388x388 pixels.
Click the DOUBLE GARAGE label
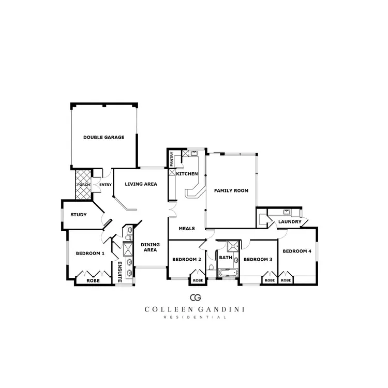coord(104,138)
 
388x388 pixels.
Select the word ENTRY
coord(106,185)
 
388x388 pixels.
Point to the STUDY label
coord(78,215)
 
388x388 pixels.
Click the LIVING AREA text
coord(141,184)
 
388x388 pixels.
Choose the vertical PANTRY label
coord(171,159)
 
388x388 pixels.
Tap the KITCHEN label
coord(187,174)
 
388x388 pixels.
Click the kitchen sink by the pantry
coord(193,153)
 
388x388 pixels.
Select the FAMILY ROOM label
coord(231,190)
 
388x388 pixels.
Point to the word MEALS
coord(186,228)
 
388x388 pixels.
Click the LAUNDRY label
coord(289,222)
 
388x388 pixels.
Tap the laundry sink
coord(286,212)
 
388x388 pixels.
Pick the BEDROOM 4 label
coord(296,251)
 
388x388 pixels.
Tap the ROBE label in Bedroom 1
coord(93,280)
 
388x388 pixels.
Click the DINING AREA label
coord(150,247)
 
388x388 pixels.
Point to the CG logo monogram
coord(195,297)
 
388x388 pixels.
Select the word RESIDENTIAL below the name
coord(195,317)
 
